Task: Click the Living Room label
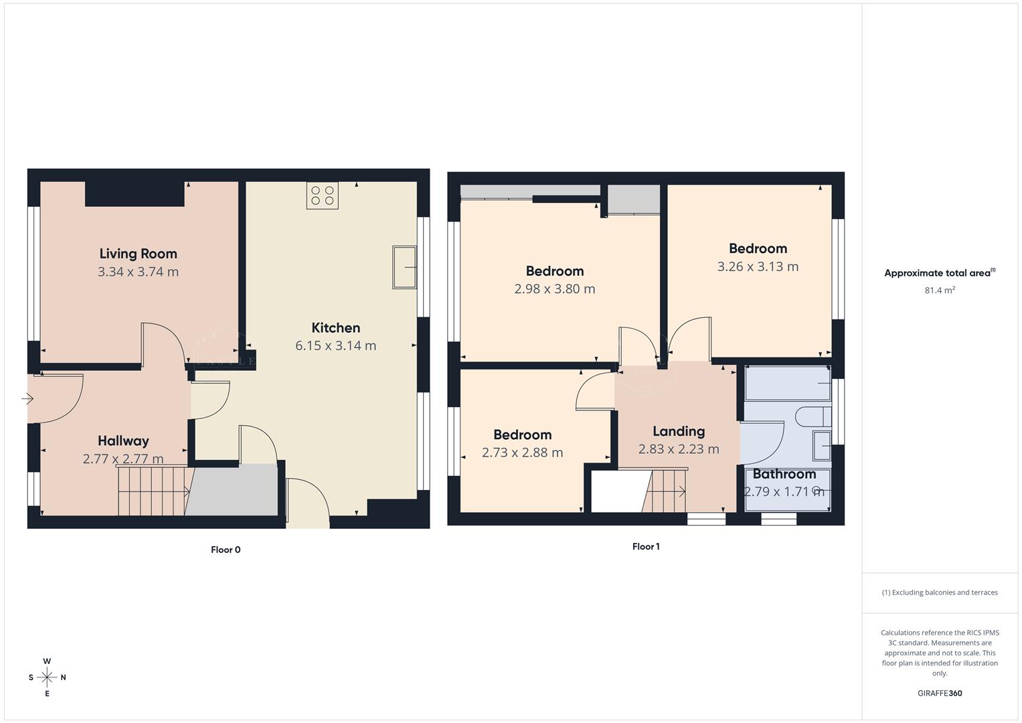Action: pos(138,254)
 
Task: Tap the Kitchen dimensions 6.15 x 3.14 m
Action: pos(335,345)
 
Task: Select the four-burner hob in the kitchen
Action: pos(322,195)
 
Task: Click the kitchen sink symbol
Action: pos(404,268)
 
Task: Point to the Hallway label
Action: pos(123,440)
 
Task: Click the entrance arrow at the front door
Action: pos(27,399)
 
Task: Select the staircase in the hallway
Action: pos(153,491)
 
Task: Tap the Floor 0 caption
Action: pos(226,550)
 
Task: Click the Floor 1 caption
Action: pos(646,546)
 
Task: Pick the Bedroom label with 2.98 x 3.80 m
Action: pos(554,271)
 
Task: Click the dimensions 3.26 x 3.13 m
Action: pos(758,266)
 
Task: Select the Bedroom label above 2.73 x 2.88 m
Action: pos(522,435)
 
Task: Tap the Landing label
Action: pos(678,431)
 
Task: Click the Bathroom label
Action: pos(784,474)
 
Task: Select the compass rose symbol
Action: pos(47,677)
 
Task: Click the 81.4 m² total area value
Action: pos(939,290)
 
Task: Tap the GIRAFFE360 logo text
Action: pos(939,693)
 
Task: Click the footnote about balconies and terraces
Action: pos(939,592)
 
